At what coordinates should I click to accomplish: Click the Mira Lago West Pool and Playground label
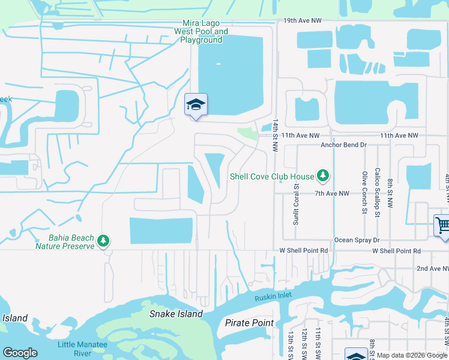[201, 31]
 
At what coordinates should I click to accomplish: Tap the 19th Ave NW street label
[303, 20]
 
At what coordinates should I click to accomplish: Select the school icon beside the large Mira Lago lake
[196, 106]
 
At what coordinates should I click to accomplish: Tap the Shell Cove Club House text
[272, 176]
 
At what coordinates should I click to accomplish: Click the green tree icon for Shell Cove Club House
[324, 175]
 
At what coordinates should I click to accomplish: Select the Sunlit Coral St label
[297, 196]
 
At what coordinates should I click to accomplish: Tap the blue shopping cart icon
[442, 226]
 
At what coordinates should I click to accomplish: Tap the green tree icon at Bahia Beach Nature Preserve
[103, 241]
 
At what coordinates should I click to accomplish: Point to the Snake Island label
[176, 314]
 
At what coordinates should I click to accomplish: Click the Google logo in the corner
[20, 353]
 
